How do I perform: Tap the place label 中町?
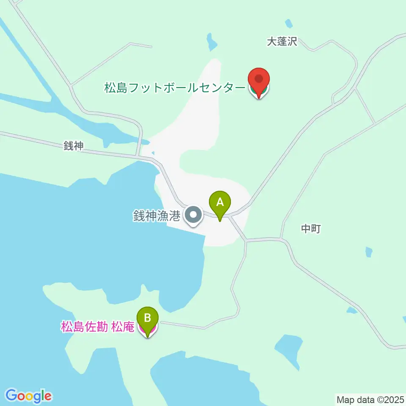point(311,229)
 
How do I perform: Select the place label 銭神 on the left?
point(74,146)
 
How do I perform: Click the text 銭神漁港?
point(157,216)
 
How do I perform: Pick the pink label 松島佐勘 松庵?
point(98,327)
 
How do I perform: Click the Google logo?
point(29,395)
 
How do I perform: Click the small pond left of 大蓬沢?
point(211,41)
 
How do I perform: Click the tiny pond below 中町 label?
point(369,252)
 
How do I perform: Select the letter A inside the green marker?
point(220,202)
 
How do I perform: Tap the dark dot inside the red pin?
point(258,79)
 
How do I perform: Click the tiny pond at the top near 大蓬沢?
point(289,23)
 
